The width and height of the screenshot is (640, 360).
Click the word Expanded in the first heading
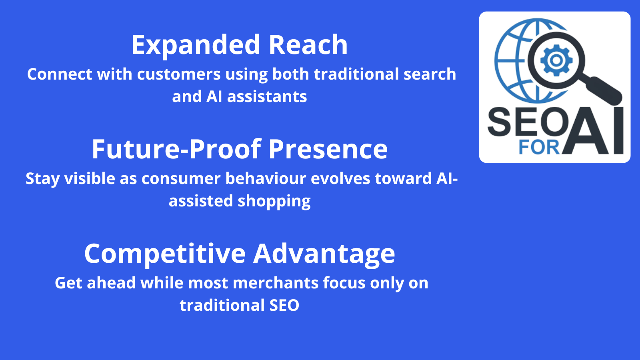(x=196, y=45)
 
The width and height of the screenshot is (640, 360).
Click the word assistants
(x=267, y=96)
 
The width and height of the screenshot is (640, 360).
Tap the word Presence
(x=328, y=150)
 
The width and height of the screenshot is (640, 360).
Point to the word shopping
(x=274, y=201)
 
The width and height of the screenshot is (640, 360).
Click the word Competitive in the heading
(x=165, y=254)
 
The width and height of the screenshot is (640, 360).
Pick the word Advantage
(x=324, y=254)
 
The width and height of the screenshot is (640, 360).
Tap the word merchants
(x=276, y=283)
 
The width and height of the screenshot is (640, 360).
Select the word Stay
(x=42, y=179)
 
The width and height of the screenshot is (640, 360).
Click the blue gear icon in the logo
(x=556, y=60)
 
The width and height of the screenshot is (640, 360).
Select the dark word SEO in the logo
(x=528, y=122)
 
